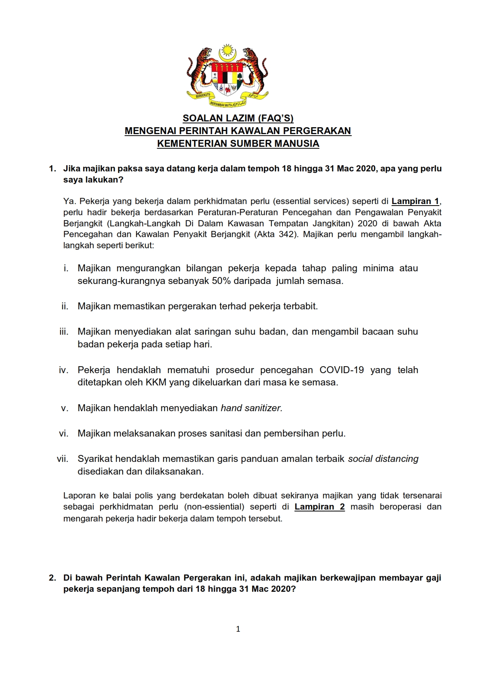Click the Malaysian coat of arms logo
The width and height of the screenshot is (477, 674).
point(227,76)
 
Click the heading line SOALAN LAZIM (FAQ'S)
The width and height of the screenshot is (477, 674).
point(238,118)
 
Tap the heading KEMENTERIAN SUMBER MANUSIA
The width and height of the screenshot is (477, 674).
point(238,144)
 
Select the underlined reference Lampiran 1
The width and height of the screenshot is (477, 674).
point(415,201)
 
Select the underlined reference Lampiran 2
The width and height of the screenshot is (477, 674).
point(319,506)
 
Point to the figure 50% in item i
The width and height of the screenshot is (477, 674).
point(221,281)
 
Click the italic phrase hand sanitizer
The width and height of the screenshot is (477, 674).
point(251,408)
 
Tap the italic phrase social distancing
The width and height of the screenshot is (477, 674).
point(383,459)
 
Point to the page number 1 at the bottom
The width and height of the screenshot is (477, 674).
point(238,629)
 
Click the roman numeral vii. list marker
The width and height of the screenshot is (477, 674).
point(62,459)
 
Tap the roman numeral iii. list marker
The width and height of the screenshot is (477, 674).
point(64,332)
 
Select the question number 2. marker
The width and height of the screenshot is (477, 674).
point(53,578)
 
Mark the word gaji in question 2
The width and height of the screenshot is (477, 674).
point(433,578)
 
